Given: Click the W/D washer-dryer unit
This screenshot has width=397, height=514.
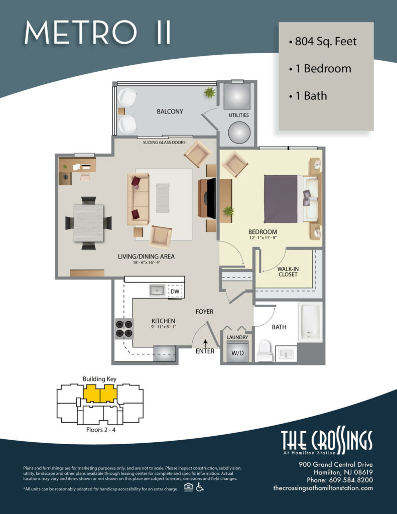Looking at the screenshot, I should point(237,351).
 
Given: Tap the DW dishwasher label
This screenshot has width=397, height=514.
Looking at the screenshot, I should point(175,291).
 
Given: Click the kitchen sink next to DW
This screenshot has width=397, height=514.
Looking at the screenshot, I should point(157,290).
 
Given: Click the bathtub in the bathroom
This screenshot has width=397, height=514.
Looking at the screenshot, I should point(309,322).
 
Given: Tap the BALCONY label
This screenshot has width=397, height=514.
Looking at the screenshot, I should point(170,111).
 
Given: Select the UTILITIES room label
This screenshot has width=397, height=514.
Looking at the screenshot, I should point(239,115).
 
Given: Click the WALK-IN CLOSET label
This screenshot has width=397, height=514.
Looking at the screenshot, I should point(288,272).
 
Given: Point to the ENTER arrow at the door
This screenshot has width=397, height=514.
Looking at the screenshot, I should point(205,343).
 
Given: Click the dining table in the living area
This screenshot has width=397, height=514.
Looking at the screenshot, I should point(88,222).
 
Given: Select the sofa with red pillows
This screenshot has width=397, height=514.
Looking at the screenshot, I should point(138,199).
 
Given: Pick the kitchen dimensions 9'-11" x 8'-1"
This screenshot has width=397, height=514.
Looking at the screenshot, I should point(163,327).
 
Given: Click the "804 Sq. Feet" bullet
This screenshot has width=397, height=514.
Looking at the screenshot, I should point(323,42).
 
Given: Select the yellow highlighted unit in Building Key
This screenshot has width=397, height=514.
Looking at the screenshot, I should point(99,394).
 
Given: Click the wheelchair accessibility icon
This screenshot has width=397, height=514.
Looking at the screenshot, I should point(200,487).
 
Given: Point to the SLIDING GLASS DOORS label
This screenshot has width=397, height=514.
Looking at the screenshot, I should point(164,143).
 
